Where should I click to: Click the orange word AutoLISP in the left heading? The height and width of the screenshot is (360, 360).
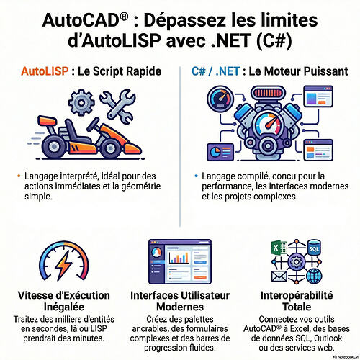pyautogui.click(x=45, y=71)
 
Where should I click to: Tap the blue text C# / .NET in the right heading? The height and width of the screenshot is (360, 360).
pyautogui.click(x=215, y=71)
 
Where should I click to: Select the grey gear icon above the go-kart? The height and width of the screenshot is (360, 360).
pyautogui.click(x=81, y=103)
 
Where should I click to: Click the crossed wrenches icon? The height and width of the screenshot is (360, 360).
pyautogui.click(x=117, y=107)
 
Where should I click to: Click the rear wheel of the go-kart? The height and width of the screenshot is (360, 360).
pyautogui.click(x=54, y=146)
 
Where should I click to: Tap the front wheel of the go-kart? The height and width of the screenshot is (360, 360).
pyautogui.click(x=110, y=148)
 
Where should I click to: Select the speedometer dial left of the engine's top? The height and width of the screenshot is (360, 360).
pyautogui.click(x=220, y=99)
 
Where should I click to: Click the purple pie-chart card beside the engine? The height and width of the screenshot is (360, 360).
pyautogui.click(x=220, y=152)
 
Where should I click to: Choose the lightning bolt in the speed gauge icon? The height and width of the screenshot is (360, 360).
pyautogui.click(x=63, y=265)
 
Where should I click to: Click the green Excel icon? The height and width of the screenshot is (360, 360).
pyautogui.click(x=279, y=247)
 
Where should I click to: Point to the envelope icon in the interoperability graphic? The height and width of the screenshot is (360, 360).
pyautogui.click(x=279, y=276)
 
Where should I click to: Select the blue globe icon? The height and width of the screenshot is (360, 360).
pyautogui.click(x=315, y=276)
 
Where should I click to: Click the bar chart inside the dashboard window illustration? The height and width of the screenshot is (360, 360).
pyautogui.click(x=179, y=257)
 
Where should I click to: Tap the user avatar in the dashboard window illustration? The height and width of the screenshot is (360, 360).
pyautogui.click(x=157, y=252)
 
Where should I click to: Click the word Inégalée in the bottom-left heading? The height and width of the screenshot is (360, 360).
pyautogui.click(x=64, y=307)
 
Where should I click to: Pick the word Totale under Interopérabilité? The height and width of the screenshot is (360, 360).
pyautogui.click(x=297, y=307)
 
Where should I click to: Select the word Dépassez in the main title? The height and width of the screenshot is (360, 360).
pyautogui.click(x=184, y=21)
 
